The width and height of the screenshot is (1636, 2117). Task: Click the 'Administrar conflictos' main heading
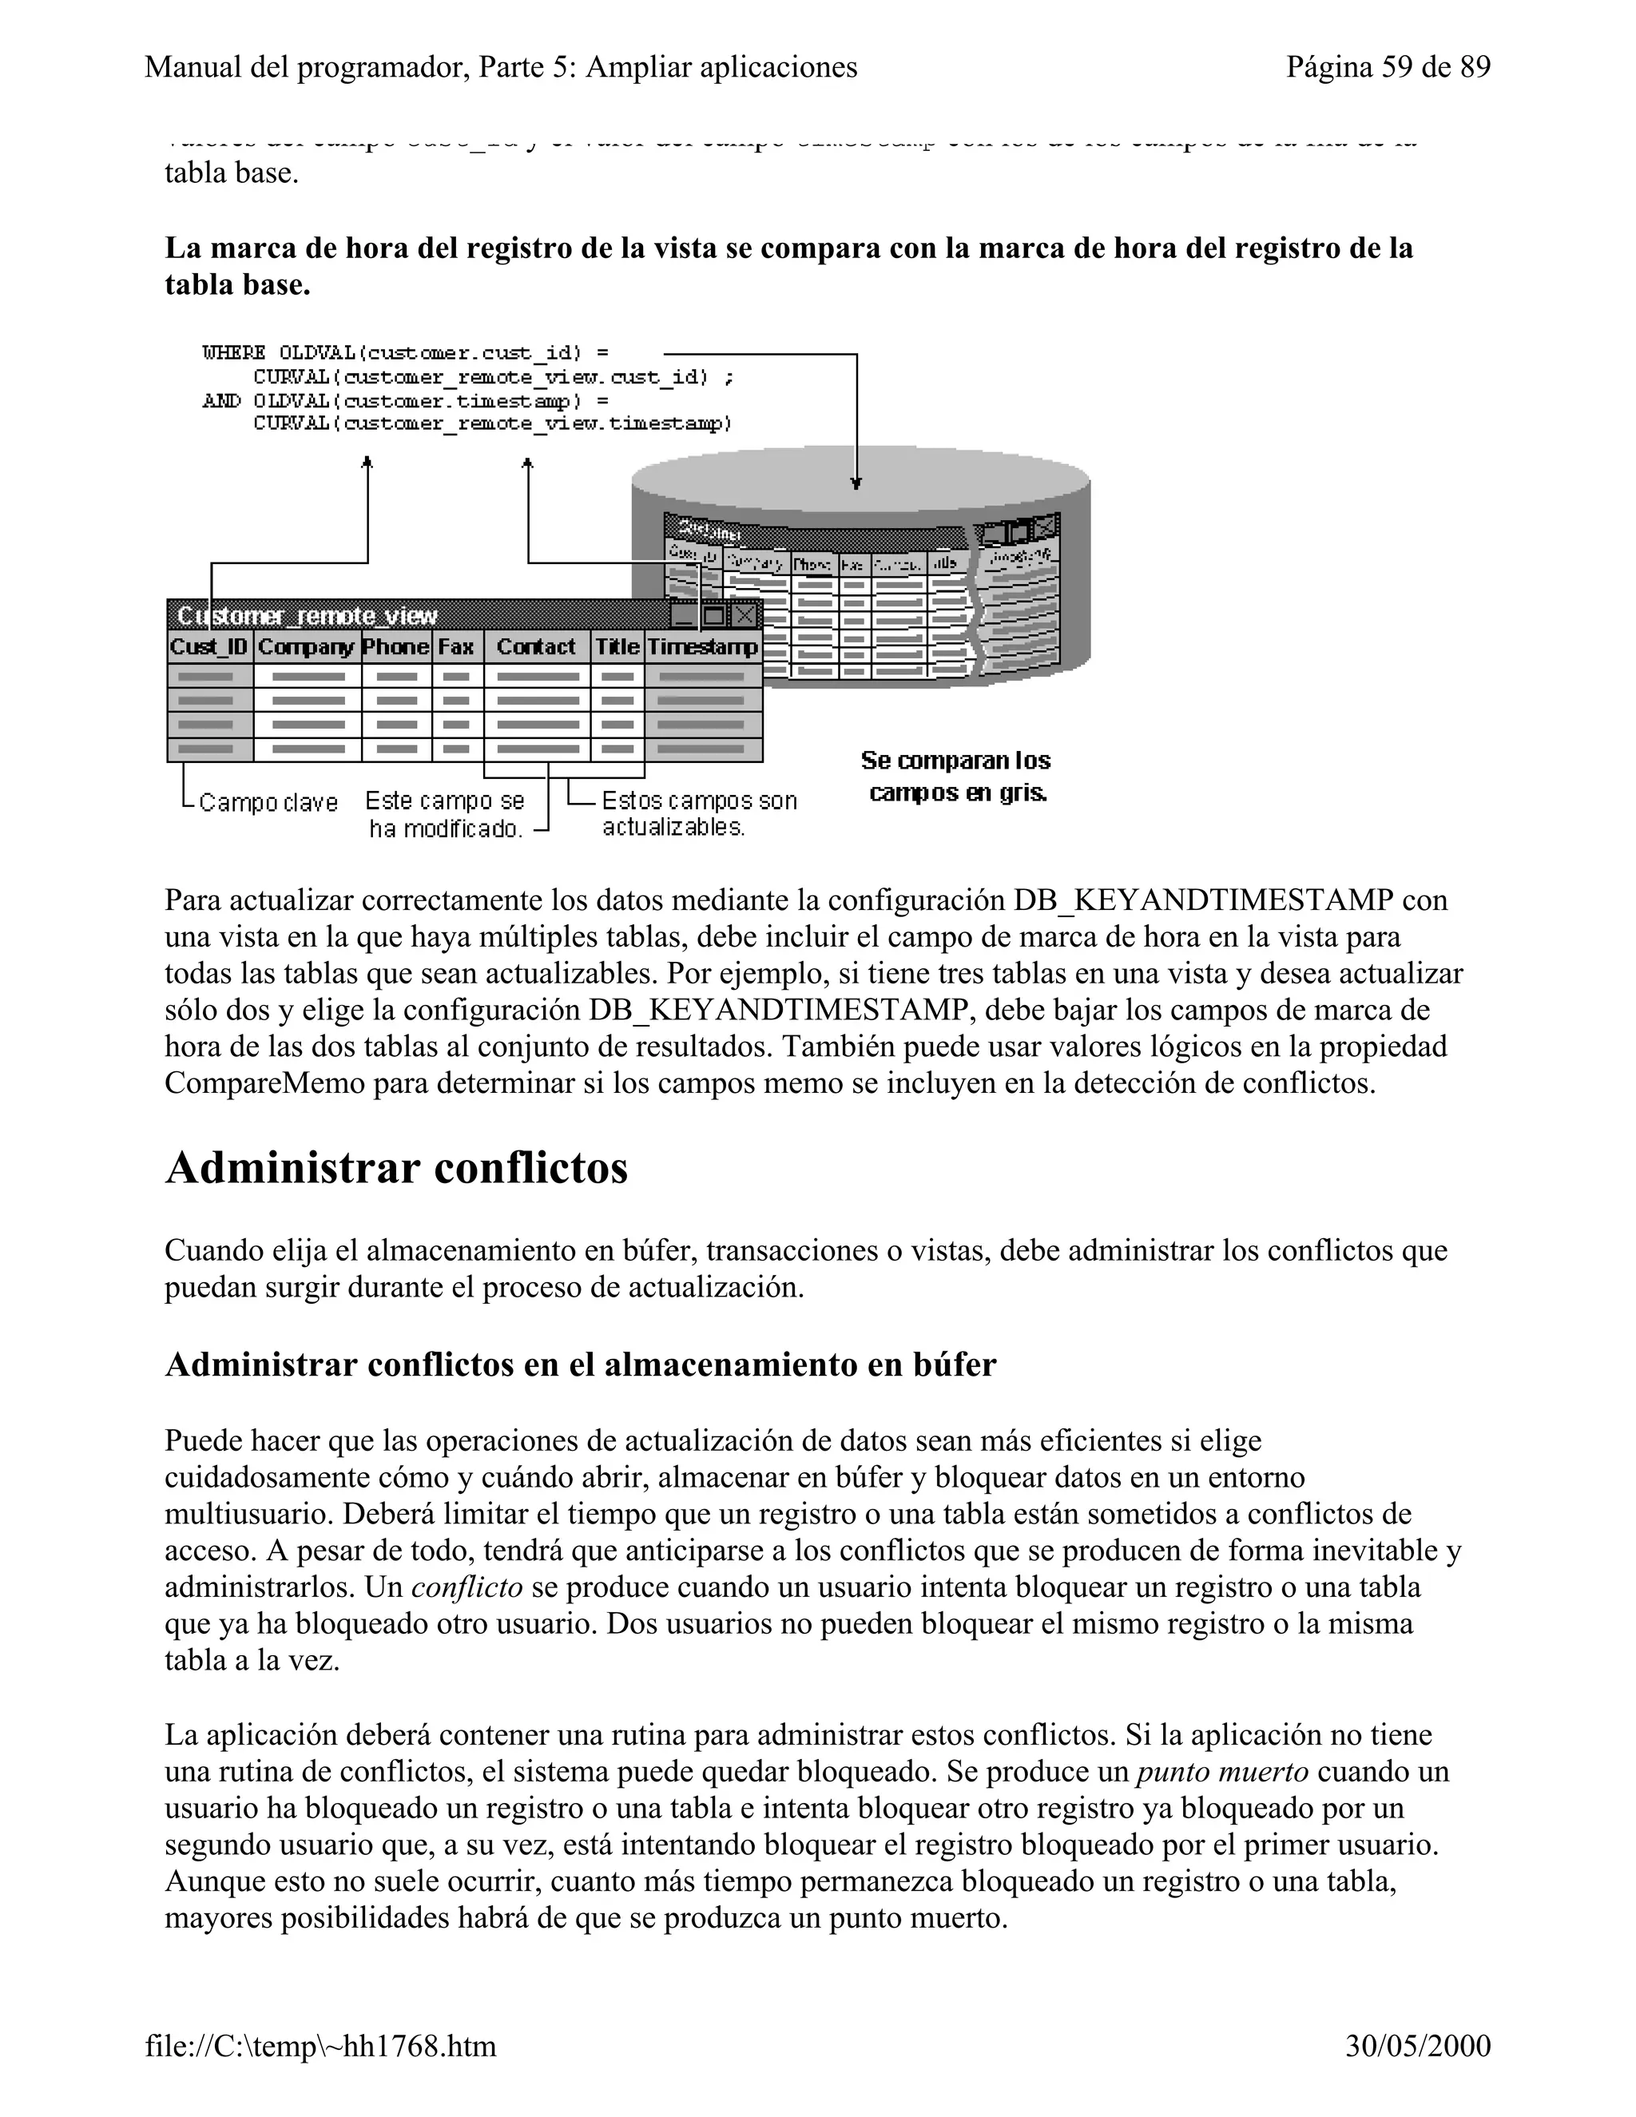tap(396, 1168)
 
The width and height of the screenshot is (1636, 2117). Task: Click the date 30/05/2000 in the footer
tap(1417, 2045)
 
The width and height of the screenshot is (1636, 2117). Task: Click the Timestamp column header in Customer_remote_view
tap(703, 646)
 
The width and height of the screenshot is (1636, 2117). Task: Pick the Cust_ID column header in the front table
tap(209, 646)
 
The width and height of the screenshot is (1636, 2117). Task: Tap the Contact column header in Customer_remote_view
tap(536, 646)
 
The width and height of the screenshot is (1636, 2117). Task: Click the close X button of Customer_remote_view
tap(745, 615)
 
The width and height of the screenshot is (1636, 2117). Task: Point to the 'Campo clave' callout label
tap(268, 803)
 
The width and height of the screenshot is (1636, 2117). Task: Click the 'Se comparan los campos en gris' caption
tap(955, 776)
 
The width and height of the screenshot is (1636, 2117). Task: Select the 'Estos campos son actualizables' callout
tap(698, 813)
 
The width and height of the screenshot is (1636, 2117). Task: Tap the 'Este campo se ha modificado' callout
tap(445, 814)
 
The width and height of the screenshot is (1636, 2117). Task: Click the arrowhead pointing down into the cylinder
tap(856, 483)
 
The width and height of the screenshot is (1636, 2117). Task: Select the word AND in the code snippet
tap(222, 400)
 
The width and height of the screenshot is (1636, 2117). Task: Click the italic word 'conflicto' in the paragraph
tap(467, 1588)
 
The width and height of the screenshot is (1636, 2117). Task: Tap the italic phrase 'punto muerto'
tap(1222, 1772)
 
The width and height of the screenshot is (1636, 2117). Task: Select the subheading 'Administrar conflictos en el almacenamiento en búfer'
tap(581, 1364)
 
